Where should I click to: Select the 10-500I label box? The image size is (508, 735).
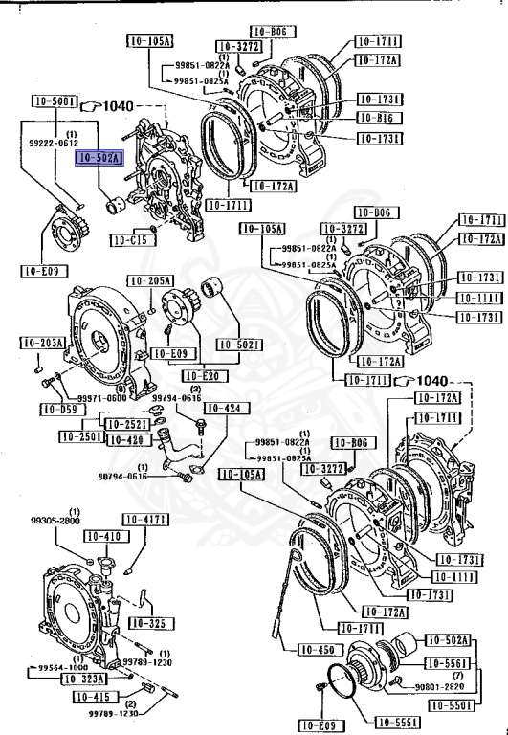55,100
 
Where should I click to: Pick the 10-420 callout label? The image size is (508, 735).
124,440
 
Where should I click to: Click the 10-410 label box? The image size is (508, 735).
99,537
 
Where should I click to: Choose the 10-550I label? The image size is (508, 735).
449,706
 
